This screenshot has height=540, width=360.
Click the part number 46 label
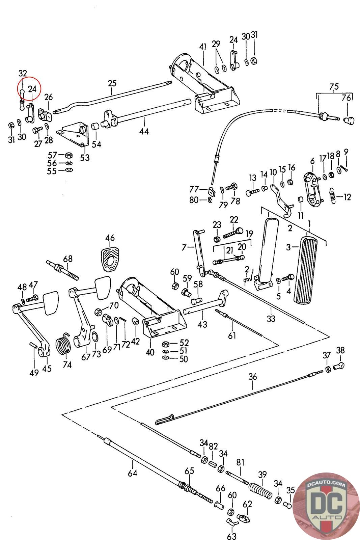tap(110, 238)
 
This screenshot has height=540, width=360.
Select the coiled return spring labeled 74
tap(64, 344)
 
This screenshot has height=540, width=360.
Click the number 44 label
tap(144, 131)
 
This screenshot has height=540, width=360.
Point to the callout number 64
tap(133, 473)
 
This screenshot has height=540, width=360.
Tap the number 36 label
tap(253, 376)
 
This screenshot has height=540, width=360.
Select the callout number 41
tap(202, 47)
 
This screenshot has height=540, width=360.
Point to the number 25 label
tap(112, 83)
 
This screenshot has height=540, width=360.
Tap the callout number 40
tap(150, 352)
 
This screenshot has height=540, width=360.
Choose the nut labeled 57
tap(68, 155)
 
